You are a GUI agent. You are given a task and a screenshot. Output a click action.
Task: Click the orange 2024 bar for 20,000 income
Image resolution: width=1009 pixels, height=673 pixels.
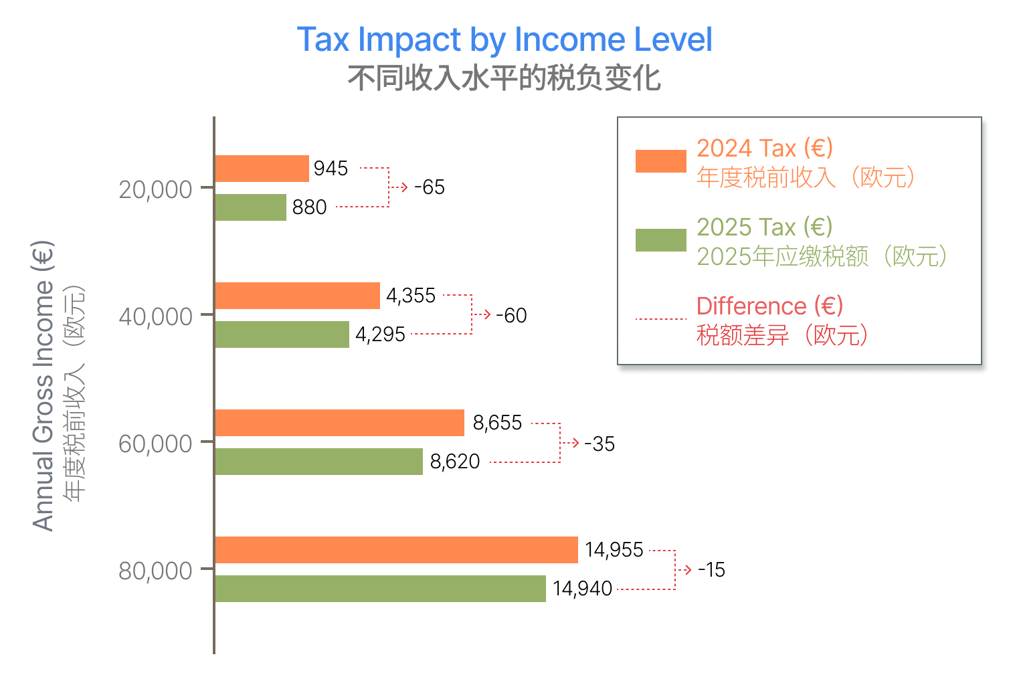coord(262,169)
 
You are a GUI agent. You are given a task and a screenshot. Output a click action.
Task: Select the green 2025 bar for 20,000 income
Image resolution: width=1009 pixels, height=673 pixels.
coord(250,207)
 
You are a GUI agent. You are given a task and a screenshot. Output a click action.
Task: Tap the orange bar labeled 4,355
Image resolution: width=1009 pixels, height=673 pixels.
coord(297,296)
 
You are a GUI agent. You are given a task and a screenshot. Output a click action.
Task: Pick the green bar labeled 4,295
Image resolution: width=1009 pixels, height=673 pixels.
coord(282,334)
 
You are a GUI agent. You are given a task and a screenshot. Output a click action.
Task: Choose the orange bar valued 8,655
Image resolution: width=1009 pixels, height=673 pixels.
coord(339,423)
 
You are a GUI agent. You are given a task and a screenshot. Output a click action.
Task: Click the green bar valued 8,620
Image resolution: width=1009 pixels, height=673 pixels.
coord(318,462)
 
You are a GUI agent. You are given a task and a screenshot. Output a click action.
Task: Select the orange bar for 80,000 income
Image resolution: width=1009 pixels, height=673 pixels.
coord(396,550)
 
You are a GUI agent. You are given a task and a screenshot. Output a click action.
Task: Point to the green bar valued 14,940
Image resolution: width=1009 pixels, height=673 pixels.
coord(380,589)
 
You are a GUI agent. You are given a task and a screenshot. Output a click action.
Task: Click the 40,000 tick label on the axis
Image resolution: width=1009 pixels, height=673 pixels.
coord(155,316)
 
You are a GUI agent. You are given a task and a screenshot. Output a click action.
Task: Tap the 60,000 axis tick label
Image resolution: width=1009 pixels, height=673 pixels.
coord(155,444)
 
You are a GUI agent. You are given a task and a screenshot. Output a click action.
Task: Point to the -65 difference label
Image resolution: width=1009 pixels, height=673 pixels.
coord(429,187)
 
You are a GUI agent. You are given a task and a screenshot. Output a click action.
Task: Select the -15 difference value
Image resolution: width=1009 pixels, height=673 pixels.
coord(711,570)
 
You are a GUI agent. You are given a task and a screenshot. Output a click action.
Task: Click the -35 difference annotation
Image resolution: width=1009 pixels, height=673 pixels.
coord(599,444)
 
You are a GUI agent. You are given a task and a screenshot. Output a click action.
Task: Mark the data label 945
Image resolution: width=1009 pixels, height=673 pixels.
coord(331,169)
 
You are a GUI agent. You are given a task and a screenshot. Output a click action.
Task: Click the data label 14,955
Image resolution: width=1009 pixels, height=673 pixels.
coord(614,550)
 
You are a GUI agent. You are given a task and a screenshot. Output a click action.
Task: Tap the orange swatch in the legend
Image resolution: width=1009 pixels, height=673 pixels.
coord(660,161)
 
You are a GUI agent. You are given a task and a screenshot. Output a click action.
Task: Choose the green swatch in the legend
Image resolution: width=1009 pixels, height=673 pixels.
coord(660,240)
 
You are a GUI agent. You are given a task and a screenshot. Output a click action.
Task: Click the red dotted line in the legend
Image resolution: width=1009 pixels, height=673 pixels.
coord(660,319)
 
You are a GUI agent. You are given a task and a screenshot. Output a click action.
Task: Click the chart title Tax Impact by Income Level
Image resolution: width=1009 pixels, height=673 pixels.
coord(504,39)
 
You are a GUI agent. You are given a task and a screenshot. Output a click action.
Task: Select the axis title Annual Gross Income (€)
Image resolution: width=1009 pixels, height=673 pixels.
coord(43,386)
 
